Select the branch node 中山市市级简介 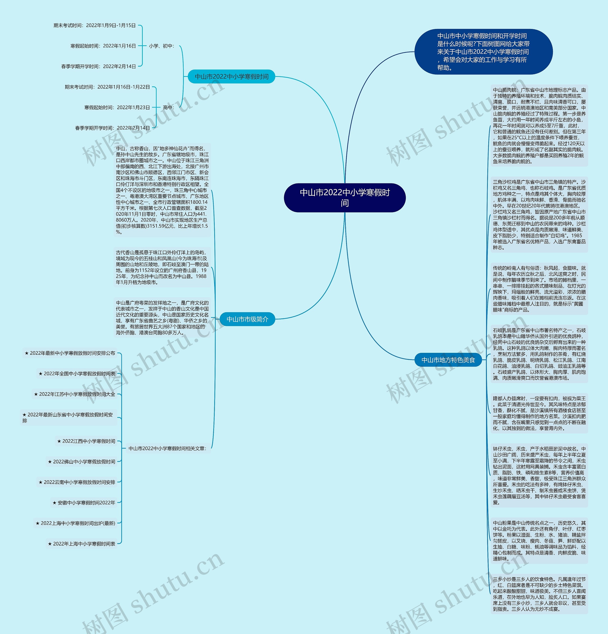pyautogui.click(x=247, y=319)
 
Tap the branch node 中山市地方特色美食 pyautogui.click(x=448, y=360)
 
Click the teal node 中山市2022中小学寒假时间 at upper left pyautogui.click(x=232, y=77)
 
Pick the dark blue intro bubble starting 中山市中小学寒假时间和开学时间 pyautogui.click(x=483, y=52)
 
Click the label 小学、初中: pyautogui.click(x=161, y=46)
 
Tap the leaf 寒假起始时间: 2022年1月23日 pyautogui.click(x=117, y=107)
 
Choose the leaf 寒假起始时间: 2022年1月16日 pyautogui.click(x=103, y=46)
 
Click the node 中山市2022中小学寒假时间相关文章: pyautogui.click(x=167, y=448)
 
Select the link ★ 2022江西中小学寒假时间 pyautogui.click(x=86, y=441)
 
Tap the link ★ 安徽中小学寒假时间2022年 pyautogui.click(x=84, y=503)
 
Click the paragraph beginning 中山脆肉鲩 pyautogui.click(x=539, y=126)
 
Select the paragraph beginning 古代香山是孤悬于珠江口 pyautogui.click(x=162, y=267)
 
